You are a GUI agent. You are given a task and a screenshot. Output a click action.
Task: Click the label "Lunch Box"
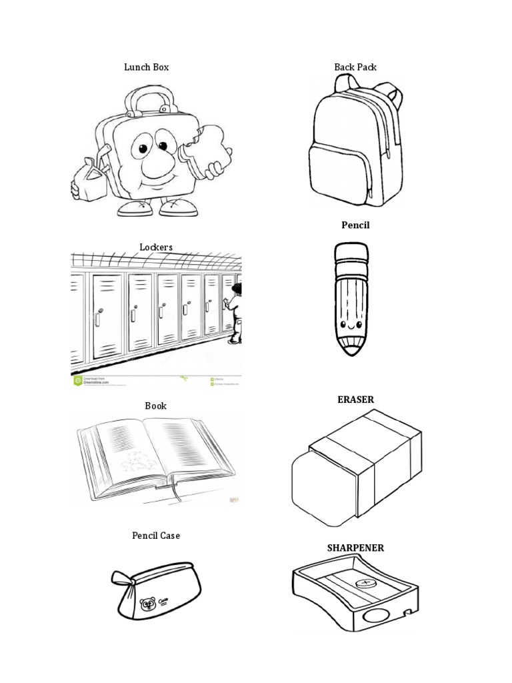click(146, 67)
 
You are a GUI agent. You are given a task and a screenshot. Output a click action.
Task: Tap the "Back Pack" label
click(355, 67)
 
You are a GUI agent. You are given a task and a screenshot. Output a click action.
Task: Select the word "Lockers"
click(156, 247)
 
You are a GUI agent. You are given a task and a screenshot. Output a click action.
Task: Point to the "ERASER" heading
click(355, 400)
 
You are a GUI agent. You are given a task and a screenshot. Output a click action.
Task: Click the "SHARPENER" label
click(355, 548)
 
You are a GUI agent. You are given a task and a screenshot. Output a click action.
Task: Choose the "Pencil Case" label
click(156, 536)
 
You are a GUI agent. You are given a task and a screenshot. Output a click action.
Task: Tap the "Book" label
click(156, 406)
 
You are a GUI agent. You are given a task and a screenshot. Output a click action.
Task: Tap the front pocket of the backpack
click(338, 175)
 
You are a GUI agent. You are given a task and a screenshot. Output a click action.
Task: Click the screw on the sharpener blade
click(364, 583)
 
